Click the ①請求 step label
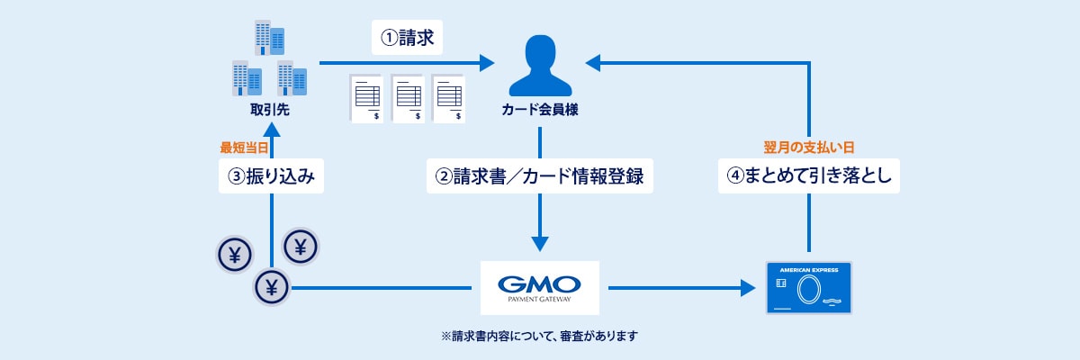408,40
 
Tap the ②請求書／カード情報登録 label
538,176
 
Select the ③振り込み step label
271,176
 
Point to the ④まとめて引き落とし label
809,176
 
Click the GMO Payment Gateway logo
539,287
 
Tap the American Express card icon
809,287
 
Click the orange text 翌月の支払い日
809,146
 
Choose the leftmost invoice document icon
366,97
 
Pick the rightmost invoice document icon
449,97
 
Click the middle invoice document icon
408,97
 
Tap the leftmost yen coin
234,256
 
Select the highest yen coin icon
301,245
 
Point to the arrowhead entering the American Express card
746,288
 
